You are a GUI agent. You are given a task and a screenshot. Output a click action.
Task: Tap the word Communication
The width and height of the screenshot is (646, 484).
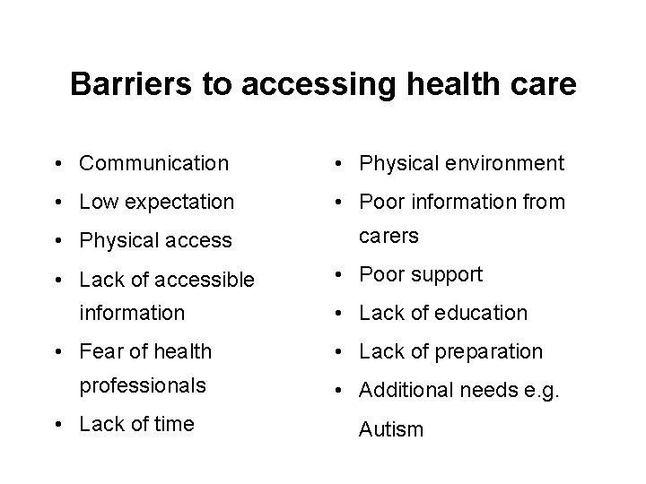(153, 163)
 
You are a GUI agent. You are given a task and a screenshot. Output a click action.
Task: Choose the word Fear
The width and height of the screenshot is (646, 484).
(100, 351)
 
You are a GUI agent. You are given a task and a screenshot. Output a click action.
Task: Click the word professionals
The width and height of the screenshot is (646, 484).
(143, 385)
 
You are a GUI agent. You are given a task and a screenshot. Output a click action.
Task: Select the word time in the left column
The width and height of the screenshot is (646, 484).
(173, 424)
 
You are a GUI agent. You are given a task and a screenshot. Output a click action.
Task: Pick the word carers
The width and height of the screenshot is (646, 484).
(388, 236)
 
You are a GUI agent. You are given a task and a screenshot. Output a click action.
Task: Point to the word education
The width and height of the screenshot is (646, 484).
(484, 313)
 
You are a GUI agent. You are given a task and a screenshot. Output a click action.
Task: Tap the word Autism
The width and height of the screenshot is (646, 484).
(390, 429)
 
